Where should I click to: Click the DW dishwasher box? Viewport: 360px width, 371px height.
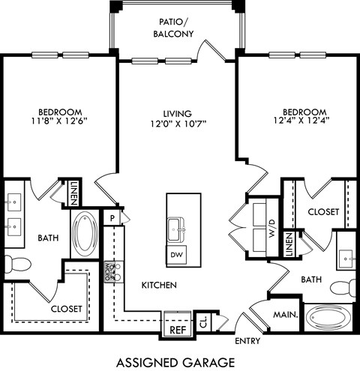pyautogui.click(x=177, y=255)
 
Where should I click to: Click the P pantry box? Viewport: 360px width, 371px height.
pyautogui.click(x=112, y=217)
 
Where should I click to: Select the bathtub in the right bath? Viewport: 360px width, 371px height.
pyautogui.click(x=329, y=316)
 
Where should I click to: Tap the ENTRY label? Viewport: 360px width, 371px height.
pyautogui.click(x=247, y=341)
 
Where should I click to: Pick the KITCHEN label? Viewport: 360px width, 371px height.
pyautogui.click(x=158, y=286)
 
